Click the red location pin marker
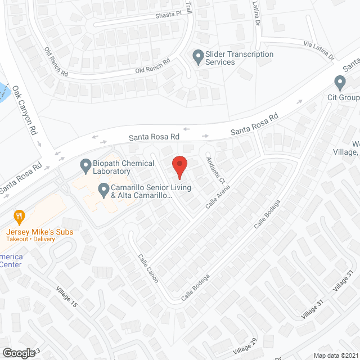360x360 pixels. pos(179,167)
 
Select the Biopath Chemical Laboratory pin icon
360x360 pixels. pos(85,166)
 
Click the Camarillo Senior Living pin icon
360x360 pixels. pos(103,190)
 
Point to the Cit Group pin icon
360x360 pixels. pos(339,84)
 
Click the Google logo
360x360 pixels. pos(18,353)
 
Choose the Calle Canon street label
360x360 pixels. pos(148,268)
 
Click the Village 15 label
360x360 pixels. pos(66,296)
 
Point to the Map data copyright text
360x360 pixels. pos(335,355)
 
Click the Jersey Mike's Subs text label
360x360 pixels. pos(39,232)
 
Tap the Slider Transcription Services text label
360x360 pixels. pos(240,58)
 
